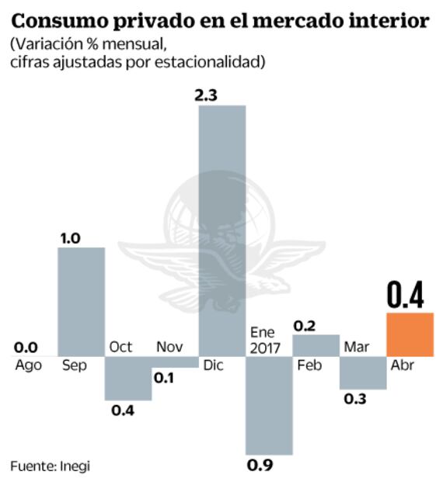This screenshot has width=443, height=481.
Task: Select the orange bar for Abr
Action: coord(410,334)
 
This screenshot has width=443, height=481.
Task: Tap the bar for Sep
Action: coord(82,302)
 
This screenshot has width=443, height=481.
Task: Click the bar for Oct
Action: coord(128,378)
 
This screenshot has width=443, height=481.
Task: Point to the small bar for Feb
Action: coord(316,345)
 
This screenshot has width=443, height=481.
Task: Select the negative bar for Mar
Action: coord(363,372)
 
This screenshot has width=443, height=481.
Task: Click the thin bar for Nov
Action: coord(176,362)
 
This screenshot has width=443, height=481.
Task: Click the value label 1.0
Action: coord(72,237)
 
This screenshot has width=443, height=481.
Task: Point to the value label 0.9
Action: coord(259,465)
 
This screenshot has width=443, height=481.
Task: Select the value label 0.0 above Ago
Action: coord(25,348)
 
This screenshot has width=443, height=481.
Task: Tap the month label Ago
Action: coord(28,365)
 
